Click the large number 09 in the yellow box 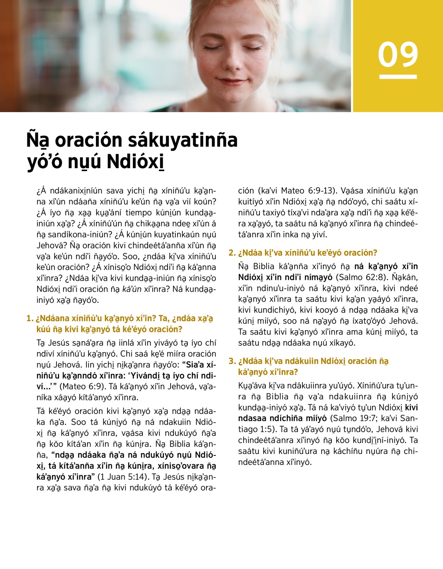[398, 55]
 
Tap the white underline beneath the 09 [398, 77]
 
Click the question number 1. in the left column [30, 319]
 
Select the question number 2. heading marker [232, 253]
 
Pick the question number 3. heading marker [232, 361]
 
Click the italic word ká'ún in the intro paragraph [132, 289]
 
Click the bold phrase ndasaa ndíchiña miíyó [282, 418]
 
